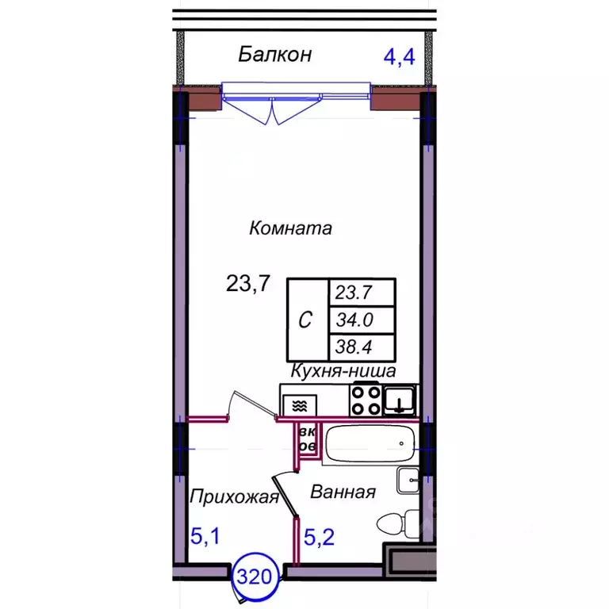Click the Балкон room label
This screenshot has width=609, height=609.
275,55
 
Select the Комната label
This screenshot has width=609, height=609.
289,229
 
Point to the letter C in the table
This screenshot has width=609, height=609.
304,320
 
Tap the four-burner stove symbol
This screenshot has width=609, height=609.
366,400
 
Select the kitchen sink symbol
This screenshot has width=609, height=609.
399,400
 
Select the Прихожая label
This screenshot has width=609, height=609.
234,497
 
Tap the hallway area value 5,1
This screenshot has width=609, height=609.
205,538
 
